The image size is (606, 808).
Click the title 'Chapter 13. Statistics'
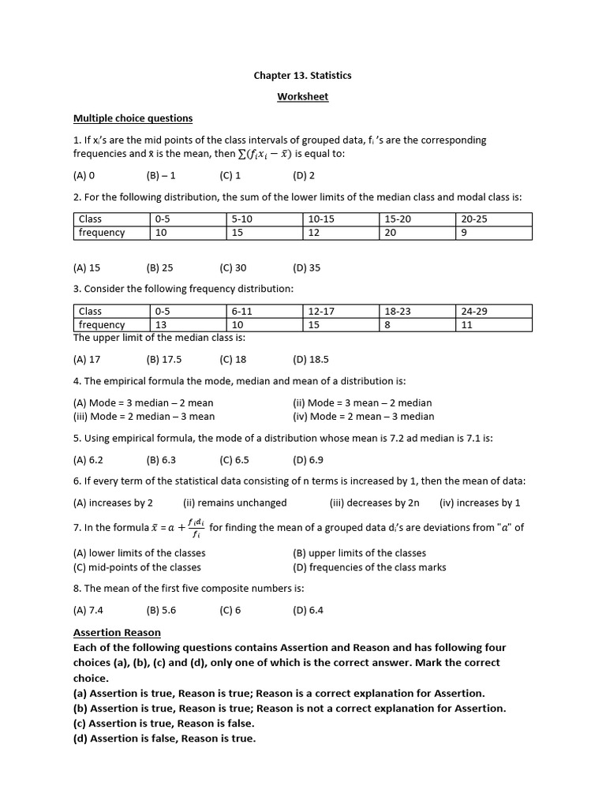pos(302,76)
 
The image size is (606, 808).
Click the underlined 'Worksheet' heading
pos(302,96)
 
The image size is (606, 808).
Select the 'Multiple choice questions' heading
pos(133,118)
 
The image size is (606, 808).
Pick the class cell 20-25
pos(493,219)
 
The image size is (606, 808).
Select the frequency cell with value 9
pos(493,233)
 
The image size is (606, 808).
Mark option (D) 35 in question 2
pos(306,267)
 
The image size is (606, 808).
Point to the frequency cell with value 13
pos(187,325)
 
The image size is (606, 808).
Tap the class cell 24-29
pos(493,311)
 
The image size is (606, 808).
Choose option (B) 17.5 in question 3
pos(164,360)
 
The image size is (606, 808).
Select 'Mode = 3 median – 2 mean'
pos(143,402)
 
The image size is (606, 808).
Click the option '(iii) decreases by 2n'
pos(374,503)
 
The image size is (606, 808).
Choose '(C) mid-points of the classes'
pos(137,567)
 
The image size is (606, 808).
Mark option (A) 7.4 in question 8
pos(88,610)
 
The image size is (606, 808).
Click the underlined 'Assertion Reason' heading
pos(117,633)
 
